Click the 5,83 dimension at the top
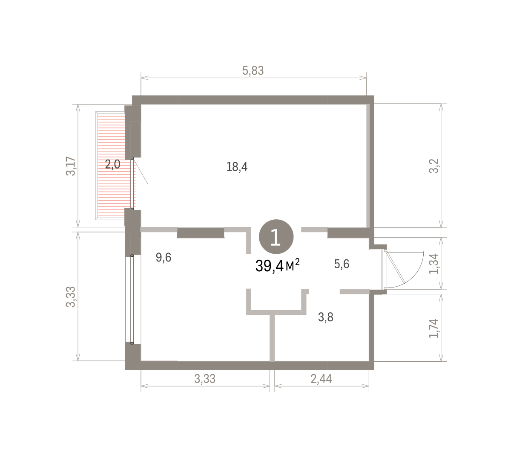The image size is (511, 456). point(253,71)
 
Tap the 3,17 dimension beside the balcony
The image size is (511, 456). point(71,166)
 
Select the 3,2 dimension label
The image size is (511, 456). point(433,166)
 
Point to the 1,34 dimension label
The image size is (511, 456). point(433,264)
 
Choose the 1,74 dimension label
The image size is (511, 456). point(433,328)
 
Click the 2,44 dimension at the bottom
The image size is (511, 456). point(321,379)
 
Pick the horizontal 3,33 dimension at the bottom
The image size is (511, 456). point(205,379)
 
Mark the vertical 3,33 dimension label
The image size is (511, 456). point(71,297)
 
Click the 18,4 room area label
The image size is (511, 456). point(237,167)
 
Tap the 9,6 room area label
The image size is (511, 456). point(164,257)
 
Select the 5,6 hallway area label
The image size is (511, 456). point(342,264)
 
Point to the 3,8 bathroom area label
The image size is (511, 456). point(326,317)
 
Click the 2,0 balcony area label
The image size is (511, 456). point(112,165)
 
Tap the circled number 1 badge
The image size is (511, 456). point(276,236)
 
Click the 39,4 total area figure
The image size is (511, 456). point(270,266)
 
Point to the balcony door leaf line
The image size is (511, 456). point(141,171)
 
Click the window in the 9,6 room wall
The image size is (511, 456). point(132,299)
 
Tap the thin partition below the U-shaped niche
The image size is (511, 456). point(272,338)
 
